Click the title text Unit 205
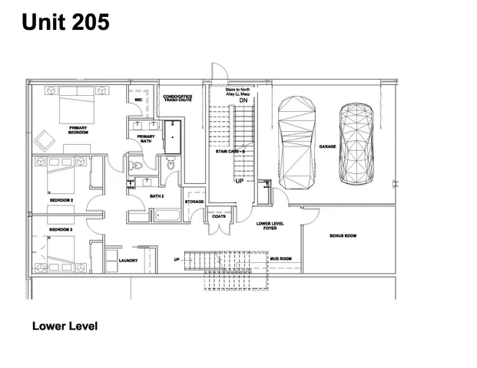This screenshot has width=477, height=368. point(65,23)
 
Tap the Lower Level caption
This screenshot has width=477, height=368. point(65,326)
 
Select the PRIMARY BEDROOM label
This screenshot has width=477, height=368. point(78,130)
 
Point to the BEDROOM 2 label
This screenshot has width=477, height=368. point(61,200)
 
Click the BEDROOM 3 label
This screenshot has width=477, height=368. point(61,230)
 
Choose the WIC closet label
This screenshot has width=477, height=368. point(138,100)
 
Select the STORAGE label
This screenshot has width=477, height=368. point(194,202)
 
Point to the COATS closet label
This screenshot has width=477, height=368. point(218,217)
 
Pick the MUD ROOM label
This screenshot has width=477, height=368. point(280,259)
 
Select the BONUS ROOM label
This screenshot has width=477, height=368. point(343,235)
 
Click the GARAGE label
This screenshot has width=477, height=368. point(327,146)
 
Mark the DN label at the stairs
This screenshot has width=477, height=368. point(243,101)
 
